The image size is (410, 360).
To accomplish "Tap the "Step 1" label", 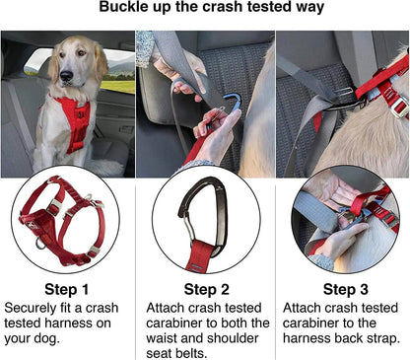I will [68, 289].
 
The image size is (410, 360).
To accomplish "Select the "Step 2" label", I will [205, 289].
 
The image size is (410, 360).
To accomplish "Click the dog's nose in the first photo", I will [68, 78].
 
